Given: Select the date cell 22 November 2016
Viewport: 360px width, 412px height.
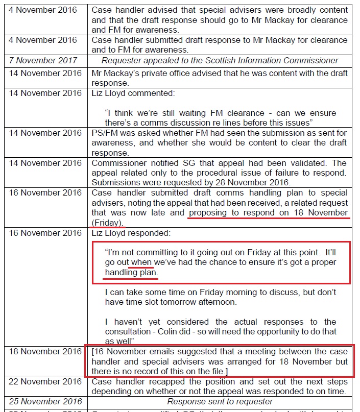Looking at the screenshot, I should coord(45,381).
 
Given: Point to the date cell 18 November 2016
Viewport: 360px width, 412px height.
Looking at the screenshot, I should coord(45,352).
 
